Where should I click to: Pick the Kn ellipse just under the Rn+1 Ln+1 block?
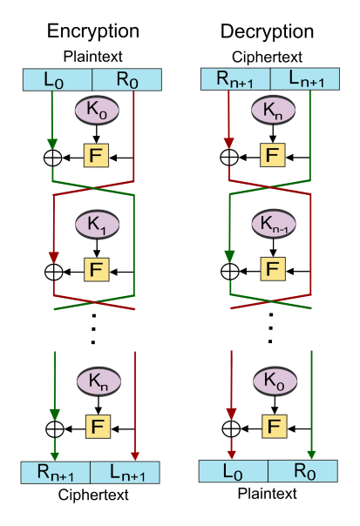coord(272,111)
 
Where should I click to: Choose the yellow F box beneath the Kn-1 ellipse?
coord(274,270)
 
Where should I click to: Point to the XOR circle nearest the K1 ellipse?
coord(54,271)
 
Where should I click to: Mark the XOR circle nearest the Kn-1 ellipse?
coord(229,271)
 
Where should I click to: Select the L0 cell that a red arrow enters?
coord(233,471)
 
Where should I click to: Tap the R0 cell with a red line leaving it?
coord(127,80)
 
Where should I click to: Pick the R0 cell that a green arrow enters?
coord(304,471)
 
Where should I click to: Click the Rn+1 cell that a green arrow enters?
coord(56,472)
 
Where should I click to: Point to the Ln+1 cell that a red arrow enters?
coord(127,472)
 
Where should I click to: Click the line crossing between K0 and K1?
coord(93,189)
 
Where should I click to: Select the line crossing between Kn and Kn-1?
coord(269,189)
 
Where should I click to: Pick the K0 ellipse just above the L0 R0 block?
coord(272,381)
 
